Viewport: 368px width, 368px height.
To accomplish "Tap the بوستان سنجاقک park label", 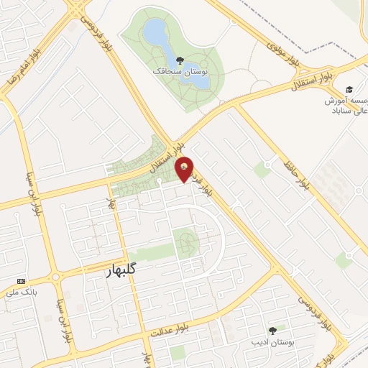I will [x=180, y=72].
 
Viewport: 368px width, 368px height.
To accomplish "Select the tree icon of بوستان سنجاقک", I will [x=178, y=60].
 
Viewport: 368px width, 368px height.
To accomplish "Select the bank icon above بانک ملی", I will [x=22, y=280].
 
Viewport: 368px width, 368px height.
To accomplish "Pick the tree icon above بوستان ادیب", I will [x=272, y=331].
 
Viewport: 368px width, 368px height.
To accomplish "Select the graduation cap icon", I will [x=349, y=90].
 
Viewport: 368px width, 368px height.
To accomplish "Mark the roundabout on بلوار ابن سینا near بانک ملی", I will [x=55, y=277].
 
